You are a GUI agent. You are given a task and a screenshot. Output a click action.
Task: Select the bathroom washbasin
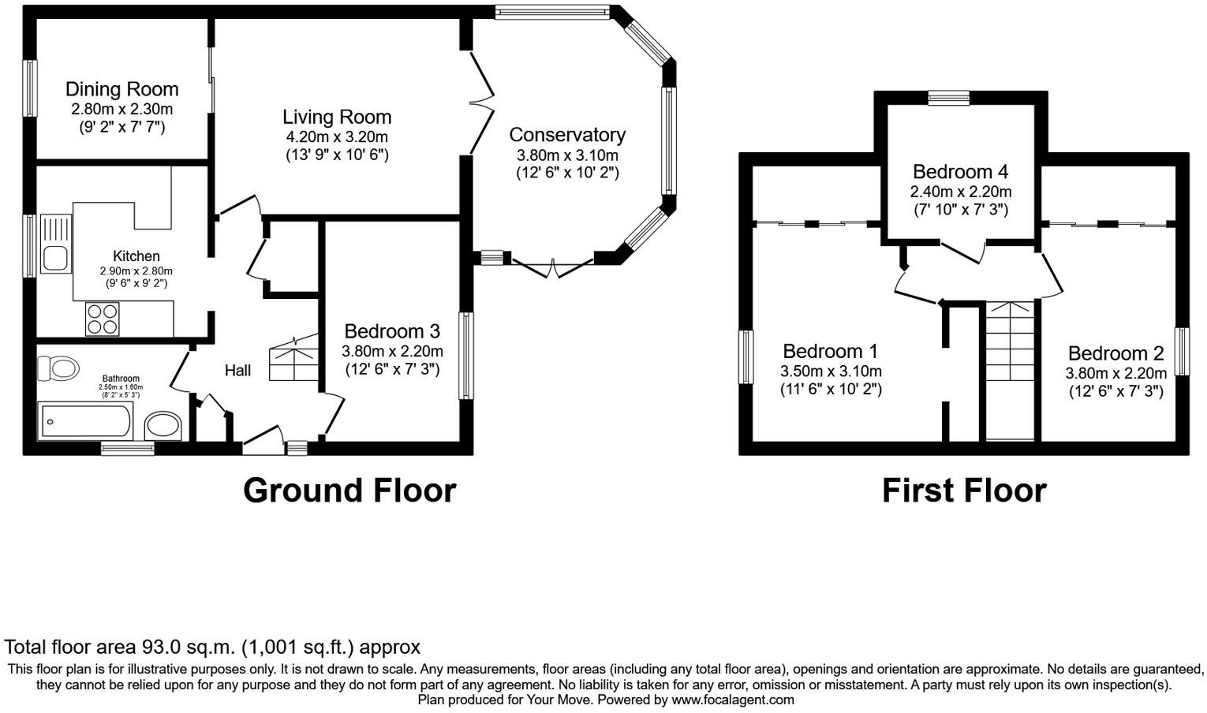(163, 426)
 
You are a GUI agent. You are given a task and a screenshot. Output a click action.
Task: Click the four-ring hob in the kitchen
(103, 319)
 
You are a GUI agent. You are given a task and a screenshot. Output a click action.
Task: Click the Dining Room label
(121, 89)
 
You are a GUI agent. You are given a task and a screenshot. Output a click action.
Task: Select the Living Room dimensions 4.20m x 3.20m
(337, 136)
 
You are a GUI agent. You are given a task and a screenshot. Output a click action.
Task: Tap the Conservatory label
(567, 135)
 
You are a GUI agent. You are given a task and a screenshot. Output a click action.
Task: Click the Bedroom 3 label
(392, 331)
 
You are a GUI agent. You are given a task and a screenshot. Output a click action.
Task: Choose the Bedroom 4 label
(960, 171)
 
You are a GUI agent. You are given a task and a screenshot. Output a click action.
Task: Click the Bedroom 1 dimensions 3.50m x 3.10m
(831, 371)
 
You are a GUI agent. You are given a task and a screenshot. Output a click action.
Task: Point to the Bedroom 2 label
(1115, 353)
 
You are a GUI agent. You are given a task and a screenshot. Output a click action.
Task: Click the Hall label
(237, 370)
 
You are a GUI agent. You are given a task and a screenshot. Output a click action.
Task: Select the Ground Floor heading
(349, 490)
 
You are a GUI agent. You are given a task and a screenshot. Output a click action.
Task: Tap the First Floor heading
(963, 490)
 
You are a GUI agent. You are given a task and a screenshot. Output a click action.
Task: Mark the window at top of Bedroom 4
(948, 98)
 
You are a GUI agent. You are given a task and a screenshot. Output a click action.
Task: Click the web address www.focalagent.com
(732, 700)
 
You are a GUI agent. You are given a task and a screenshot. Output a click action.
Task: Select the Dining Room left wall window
(30, 89)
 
